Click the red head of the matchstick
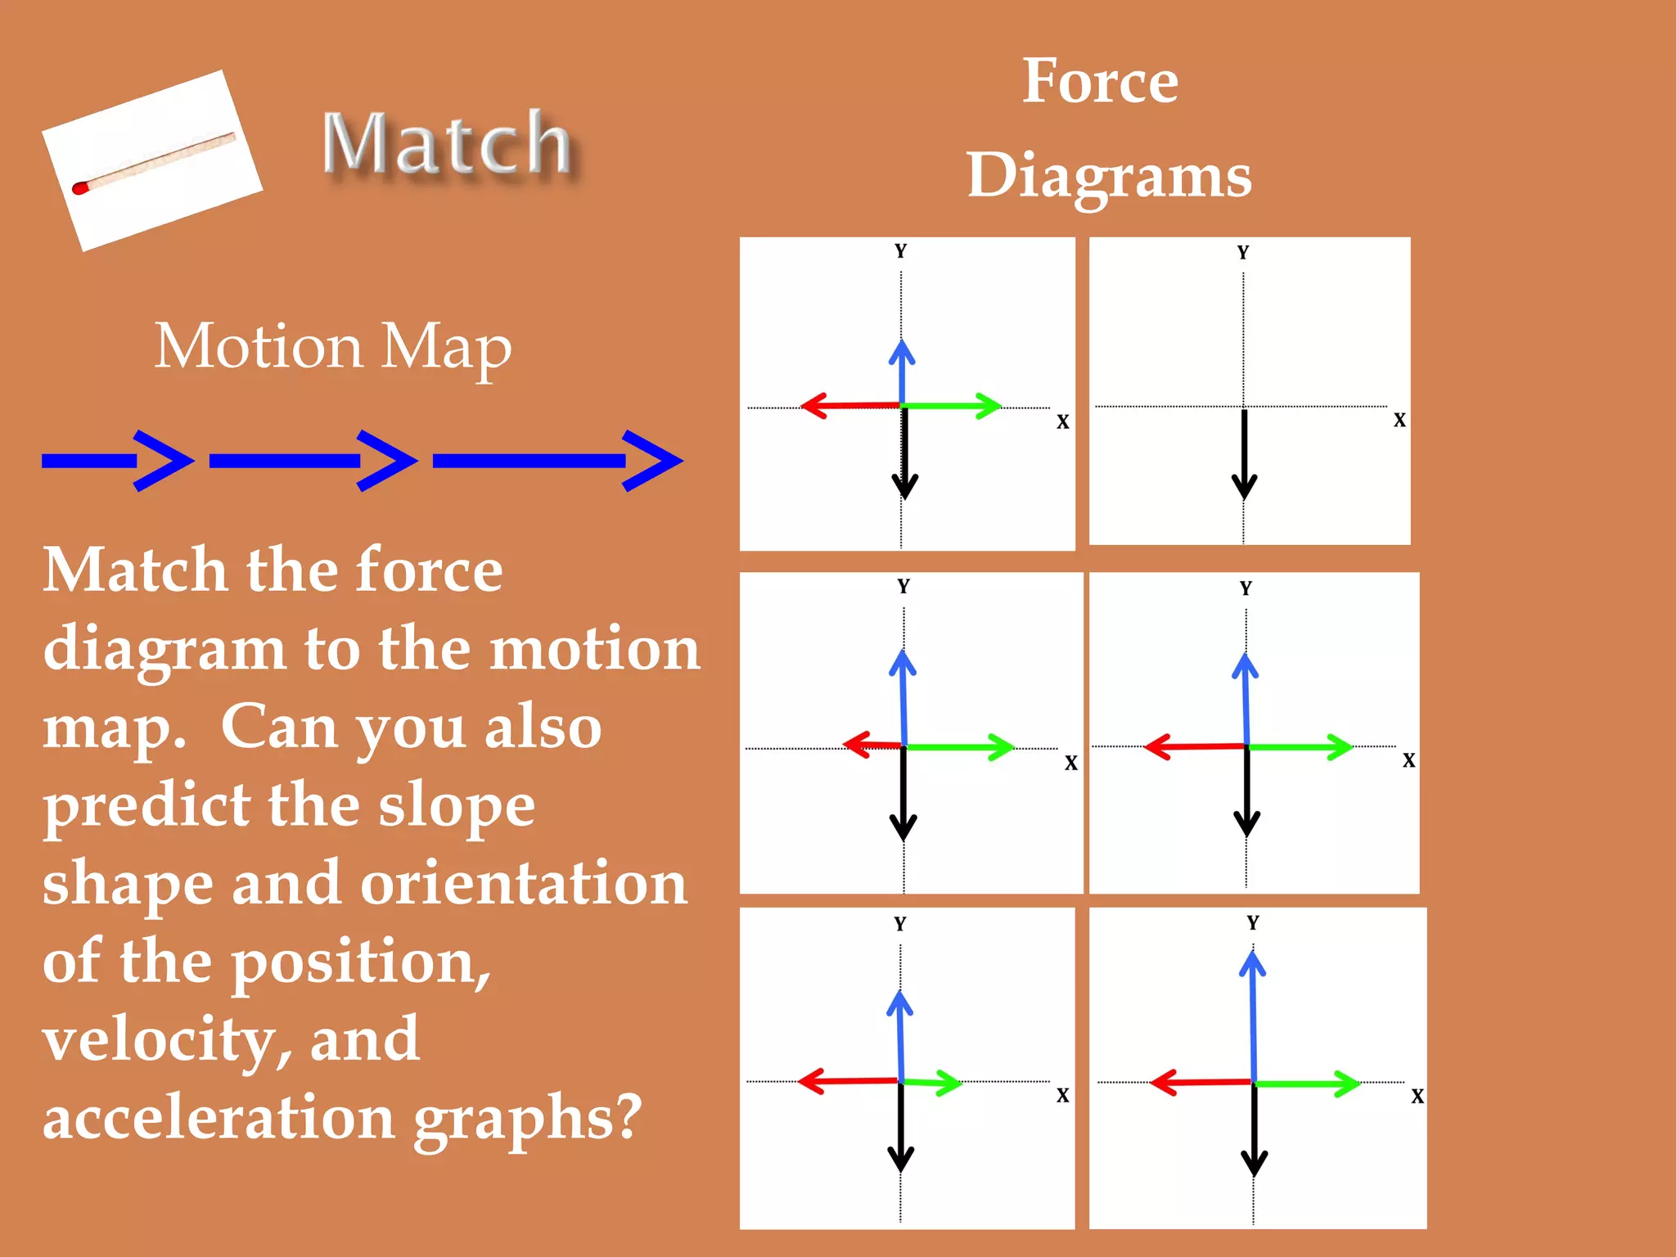point(79,188)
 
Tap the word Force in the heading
point(1100,82)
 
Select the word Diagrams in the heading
point(1109,176)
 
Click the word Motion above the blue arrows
point(258,347)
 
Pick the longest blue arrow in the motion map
point(556,461)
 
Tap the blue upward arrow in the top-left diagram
point(902,372)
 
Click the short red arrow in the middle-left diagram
point(872,745)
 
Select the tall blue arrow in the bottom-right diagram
point(1253,1015)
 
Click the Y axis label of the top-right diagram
point(1243,252)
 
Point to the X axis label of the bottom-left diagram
point(1062,1096)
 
